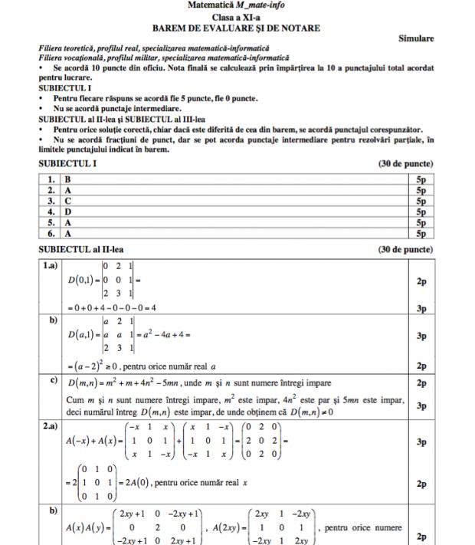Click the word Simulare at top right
tap(417, 38)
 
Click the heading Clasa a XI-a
tap(235, 18)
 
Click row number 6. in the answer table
tap(51, 232)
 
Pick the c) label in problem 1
tap(54, 379)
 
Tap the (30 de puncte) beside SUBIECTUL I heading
tap(405, 163)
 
